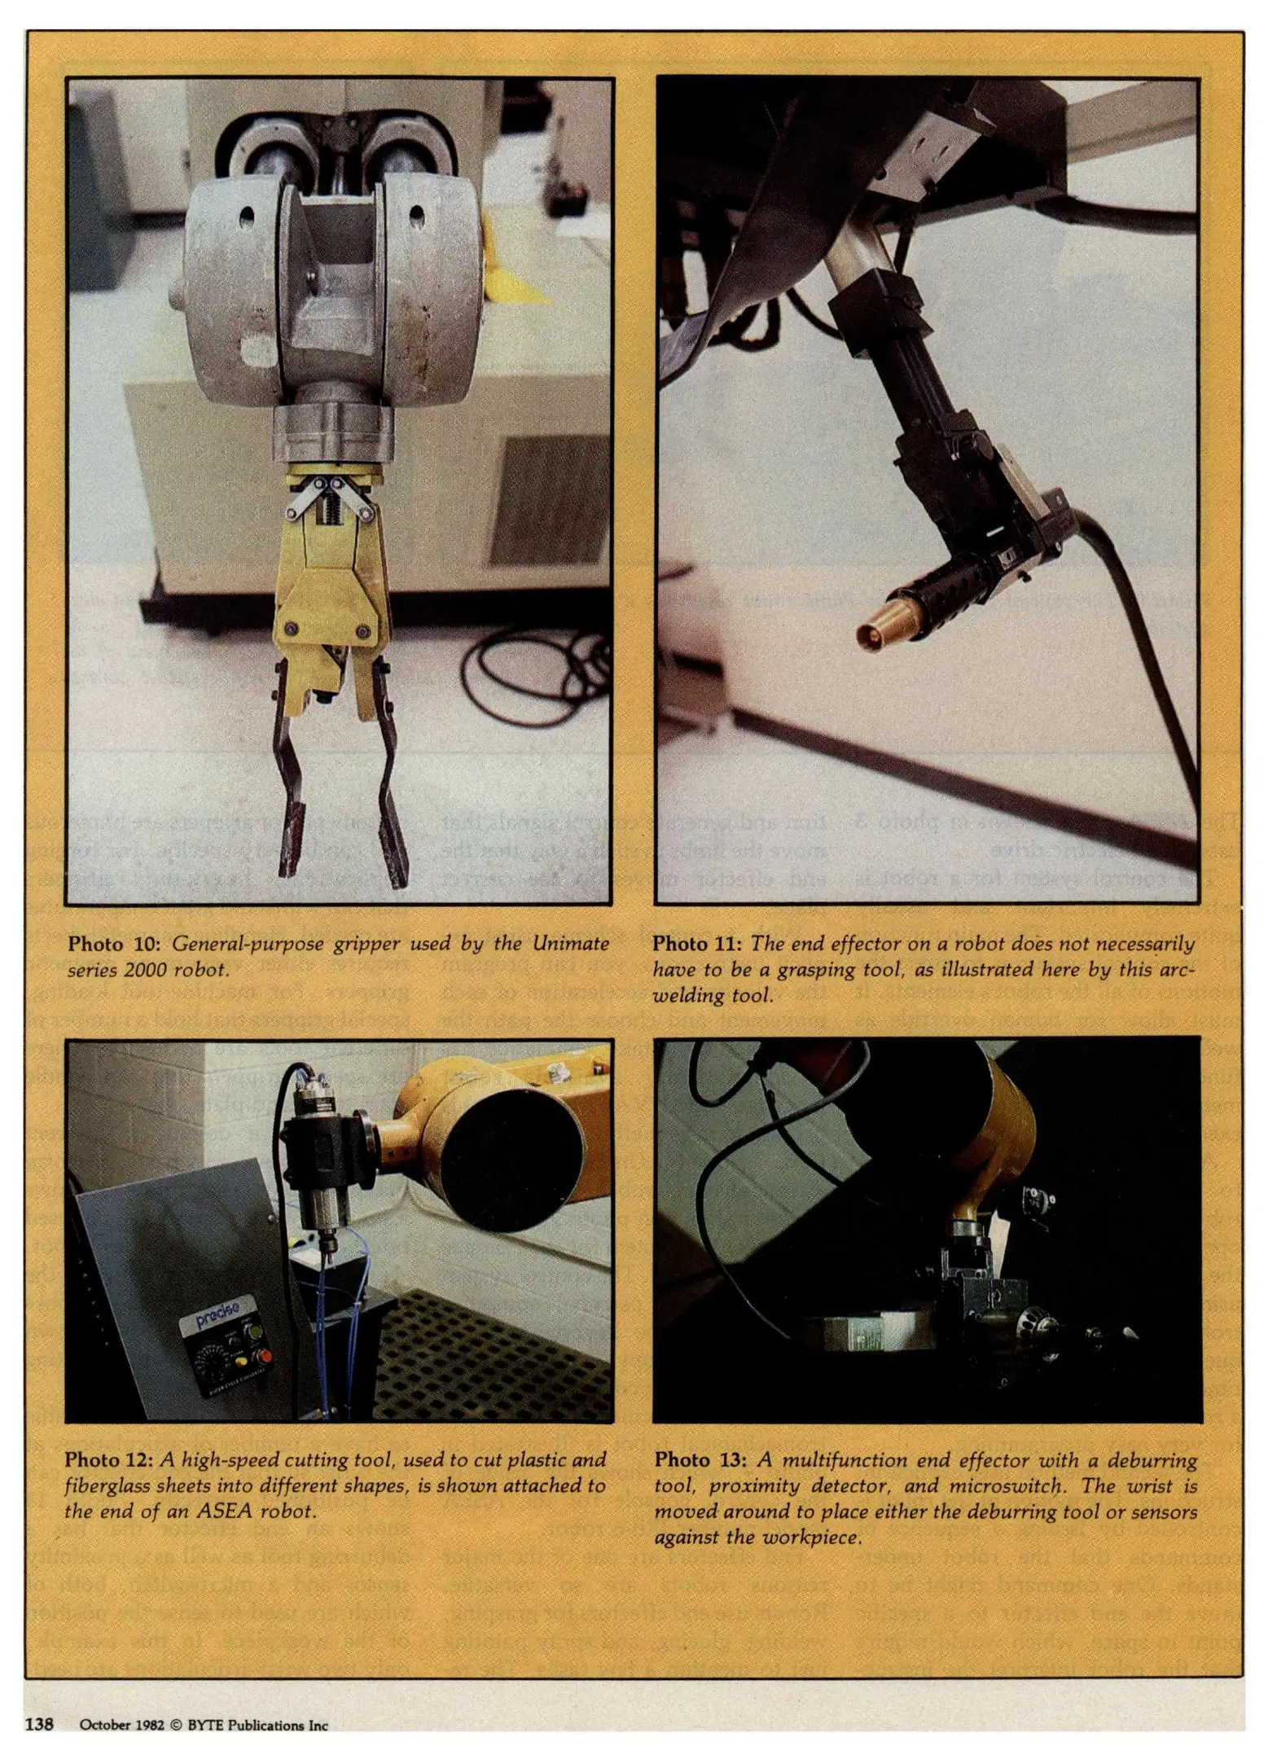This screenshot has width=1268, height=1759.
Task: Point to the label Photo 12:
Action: tap(110, 1459)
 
